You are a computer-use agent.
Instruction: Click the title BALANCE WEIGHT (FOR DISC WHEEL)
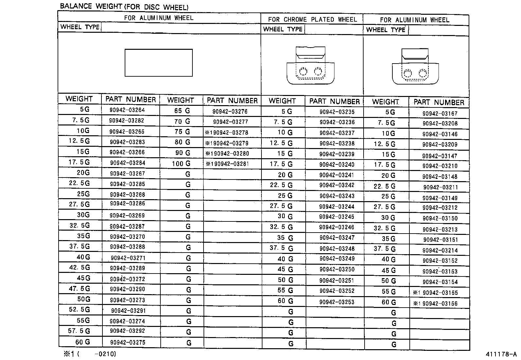(124, 7)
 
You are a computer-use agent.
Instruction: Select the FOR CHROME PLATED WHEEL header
(312, 20)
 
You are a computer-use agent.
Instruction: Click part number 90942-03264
(127, 110)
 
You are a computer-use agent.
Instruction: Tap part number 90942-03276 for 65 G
(230, 111)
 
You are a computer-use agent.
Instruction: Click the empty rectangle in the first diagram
(159, 63)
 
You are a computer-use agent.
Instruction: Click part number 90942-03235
(337, 112)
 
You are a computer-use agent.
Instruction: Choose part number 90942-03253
(337, 302)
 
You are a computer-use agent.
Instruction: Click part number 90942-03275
(127, 342)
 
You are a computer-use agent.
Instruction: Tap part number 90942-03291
(128, 311)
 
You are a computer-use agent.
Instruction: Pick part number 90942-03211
(440, 187)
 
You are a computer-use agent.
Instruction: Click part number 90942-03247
(337, 238)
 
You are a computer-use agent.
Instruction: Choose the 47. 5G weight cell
(80, 289)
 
